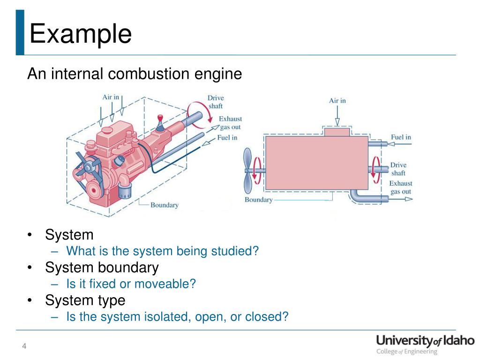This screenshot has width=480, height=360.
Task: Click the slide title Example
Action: point(80,34)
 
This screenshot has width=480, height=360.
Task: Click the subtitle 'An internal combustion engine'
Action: point(135,74)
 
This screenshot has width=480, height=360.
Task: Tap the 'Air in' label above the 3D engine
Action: point(111,97)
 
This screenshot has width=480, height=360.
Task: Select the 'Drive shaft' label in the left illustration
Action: point(216,102)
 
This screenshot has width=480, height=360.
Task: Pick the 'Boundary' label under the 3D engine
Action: point(164,205)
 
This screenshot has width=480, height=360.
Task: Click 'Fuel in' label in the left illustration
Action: point(227,137)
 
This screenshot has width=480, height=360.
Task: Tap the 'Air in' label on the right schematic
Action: point(337,101)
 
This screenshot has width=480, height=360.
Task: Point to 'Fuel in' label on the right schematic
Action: point(401,137)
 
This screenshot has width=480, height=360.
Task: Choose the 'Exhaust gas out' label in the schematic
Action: point(401,187)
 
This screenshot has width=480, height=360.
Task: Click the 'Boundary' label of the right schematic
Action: point(258,200)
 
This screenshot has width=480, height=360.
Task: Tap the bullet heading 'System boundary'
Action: point(102,268)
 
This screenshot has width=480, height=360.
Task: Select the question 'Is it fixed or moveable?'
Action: point(131,284)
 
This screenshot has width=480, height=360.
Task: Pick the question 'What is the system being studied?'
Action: point(162,251)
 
